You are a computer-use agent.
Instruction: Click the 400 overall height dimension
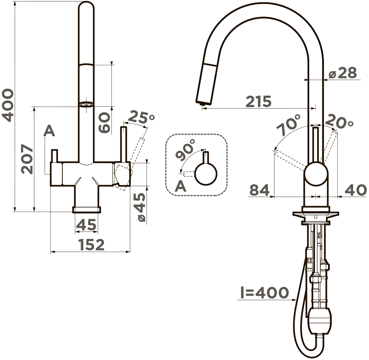(7, 105)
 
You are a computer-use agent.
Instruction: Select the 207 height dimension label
(27, 159)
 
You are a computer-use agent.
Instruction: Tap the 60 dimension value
(104, 123)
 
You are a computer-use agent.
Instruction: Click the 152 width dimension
(91, 245)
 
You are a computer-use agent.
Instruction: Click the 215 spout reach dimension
(258, 101)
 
